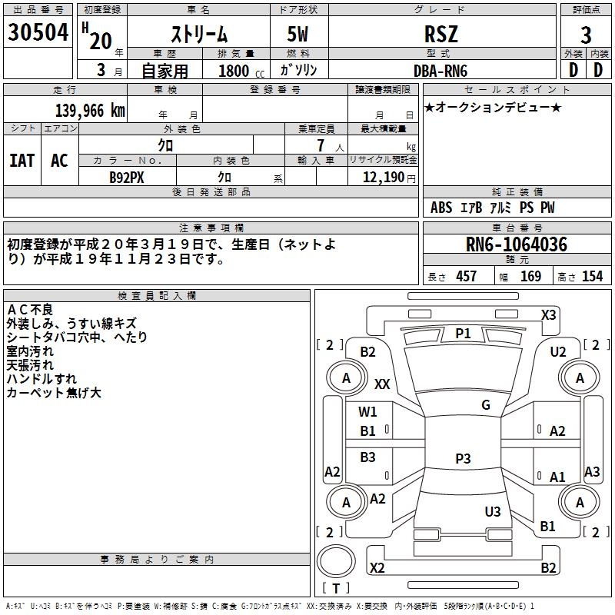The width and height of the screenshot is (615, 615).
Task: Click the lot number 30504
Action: click(38, 33)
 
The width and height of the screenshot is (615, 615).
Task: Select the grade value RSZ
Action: click(441, 34)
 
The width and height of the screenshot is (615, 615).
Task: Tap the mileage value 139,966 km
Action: click(91, 110)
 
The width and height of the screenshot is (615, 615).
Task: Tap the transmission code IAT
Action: click(22, 161)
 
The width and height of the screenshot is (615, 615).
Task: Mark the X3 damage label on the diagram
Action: click(548, 314)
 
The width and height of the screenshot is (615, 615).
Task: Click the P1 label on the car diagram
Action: click(463, 333)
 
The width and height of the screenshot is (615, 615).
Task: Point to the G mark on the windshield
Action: click(485, 405)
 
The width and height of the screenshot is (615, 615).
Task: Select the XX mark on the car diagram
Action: click(382, 384)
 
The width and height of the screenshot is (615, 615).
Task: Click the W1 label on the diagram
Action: click(368, 411)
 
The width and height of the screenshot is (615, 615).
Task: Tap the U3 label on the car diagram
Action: click(493, 511)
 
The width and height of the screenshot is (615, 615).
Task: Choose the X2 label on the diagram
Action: click(377, 568)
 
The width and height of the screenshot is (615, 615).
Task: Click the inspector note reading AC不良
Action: click(30, 309)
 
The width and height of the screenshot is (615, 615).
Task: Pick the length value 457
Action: click(466, 276)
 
